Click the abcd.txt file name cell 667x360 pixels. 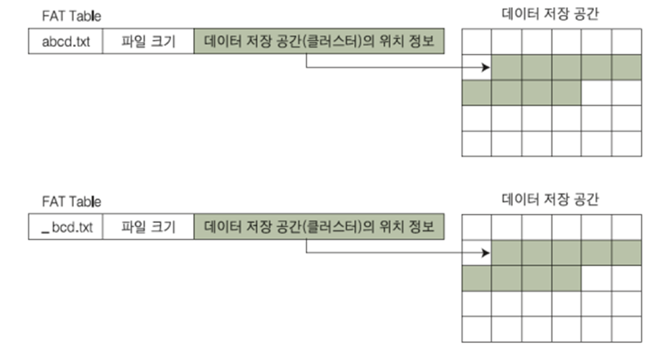[65, 41]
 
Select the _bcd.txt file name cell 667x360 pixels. [65, 227]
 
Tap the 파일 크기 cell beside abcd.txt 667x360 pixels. [148, 41]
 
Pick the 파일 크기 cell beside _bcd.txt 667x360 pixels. [148, 227]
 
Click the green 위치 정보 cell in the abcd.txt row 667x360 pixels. [319, 41]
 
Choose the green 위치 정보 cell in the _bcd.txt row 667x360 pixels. [319, 227]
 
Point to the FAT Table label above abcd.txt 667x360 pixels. [71, 16]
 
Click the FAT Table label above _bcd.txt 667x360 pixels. [71, 202]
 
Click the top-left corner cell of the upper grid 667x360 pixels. [476, 42]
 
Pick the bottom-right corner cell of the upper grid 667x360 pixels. [627, 143]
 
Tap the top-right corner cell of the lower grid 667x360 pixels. [627, 227]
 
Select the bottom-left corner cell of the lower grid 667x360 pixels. [476, 329]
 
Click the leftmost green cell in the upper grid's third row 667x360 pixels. [476, 93]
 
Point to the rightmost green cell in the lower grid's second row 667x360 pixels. [627, 253]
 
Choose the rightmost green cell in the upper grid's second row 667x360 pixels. [627, 67]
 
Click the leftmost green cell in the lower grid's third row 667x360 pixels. [476, 278]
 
